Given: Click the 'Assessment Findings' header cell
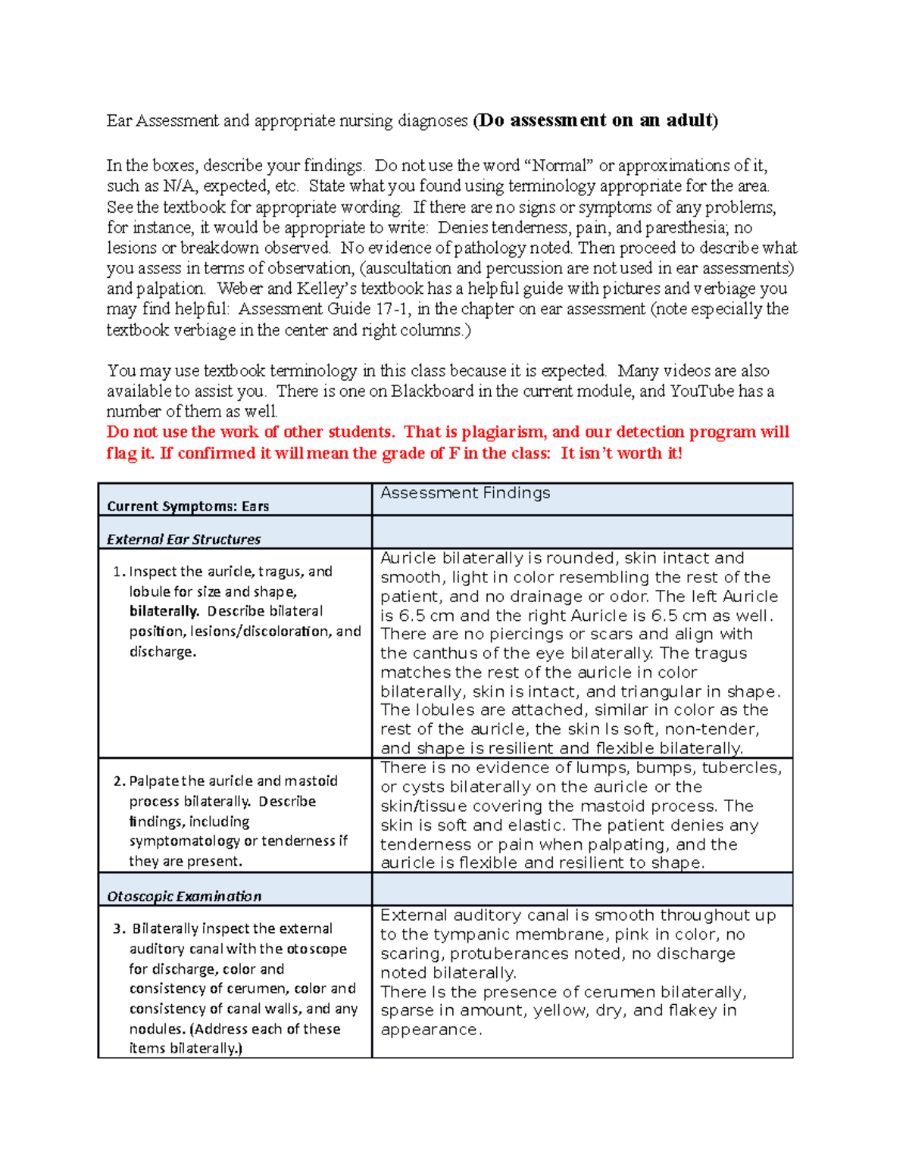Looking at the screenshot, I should pos(465,493).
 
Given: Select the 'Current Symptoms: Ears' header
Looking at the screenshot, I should pos(188,506).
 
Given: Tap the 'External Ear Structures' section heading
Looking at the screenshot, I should pos(183,539).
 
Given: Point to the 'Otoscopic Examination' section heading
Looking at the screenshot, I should pos(184,896).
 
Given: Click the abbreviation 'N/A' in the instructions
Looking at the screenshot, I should pos(179,186).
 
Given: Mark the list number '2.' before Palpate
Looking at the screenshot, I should pos(119,781).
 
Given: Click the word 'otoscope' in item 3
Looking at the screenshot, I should pos(317,949).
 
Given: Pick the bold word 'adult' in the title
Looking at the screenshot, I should pos(689,120).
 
